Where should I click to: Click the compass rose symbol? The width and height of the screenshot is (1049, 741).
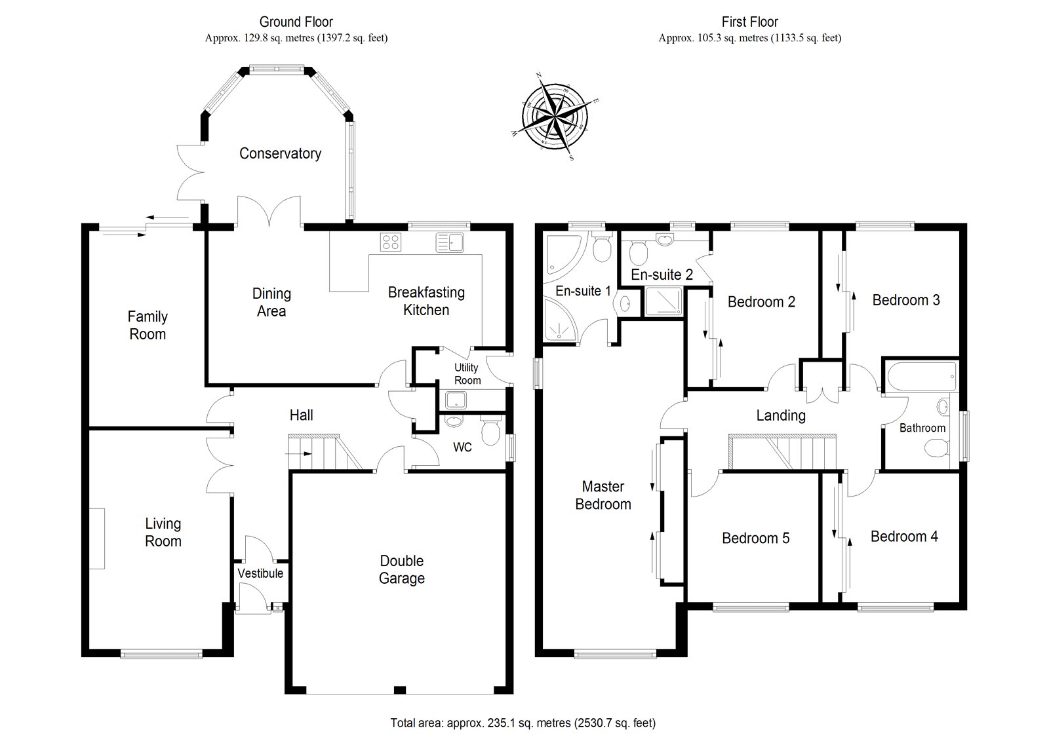point(555,116)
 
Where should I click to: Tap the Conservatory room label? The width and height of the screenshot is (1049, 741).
point(280,153)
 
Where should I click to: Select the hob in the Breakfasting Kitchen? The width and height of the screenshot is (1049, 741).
point(391,242)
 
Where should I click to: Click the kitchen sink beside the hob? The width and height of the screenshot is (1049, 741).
point(450,242)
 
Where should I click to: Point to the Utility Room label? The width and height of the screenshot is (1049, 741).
point(467,373)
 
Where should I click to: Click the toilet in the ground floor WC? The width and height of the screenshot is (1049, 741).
point(490,430)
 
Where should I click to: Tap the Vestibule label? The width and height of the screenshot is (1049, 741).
point(260,573)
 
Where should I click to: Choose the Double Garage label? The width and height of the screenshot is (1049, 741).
point(402,569)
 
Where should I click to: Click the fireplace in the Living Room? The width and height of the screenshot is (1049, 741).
point(97,539)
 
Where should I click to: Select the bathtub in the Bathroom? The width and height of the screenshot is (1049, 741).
point(921,376)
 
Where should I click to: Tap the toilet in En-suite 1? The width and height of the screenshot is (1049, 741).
point(602,247)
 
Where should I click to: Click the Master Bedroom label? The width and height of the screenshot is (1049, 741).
point(603,495)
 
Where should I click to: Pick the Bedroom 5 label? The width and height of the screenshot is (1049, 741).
point(755,538)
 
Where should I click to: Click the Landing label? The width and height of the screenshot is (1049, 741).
point(781,415)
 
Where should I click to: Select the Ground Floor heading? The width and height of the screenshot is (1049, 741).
point(296,22)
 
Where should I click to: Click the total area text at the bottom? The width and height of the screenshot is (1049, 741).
point(523,723)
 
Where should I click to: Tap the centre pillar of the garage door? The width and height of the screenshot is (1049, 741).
point(399,690)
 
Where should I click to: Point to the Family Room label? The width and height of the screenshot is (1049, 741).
point(148,326)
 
